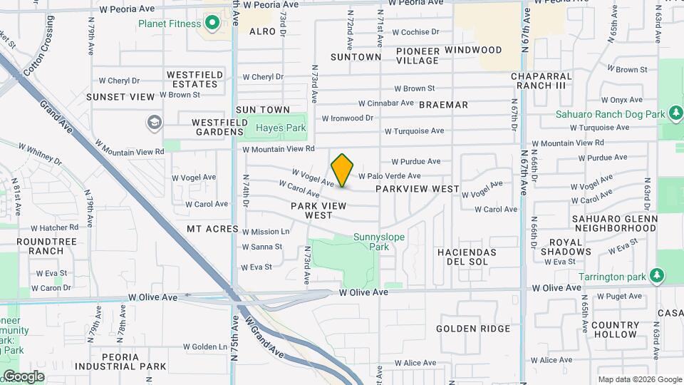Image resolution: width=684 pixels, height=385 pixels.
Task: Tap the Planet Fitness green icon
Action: (212, 24)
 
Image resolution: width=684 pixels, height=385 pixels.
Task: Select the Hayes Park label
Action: (281, 128)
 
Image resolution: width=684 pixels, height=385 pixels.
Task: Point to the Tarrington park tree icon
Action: (656, 277)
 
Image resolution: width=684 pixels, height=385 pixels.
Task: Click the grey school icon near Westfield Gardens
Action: (153, 123)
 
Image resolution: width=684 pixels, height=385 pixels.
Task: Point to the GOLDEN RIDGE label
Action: (473, 329)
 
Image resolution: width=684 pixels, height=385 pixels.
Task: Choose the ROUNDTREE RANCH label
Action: (46, 246)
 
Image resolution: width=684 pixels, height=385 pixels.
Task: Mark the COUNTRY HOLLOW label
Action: (614, 329)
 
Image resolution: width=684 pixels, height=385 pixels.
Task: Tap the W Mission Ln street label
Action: (266, 232)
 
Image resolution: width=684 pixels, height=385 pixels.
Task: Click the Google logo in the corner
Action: (24, 376)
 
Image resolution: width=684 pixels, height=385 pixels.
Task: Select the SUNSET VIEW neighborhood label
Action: (120, 97)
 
